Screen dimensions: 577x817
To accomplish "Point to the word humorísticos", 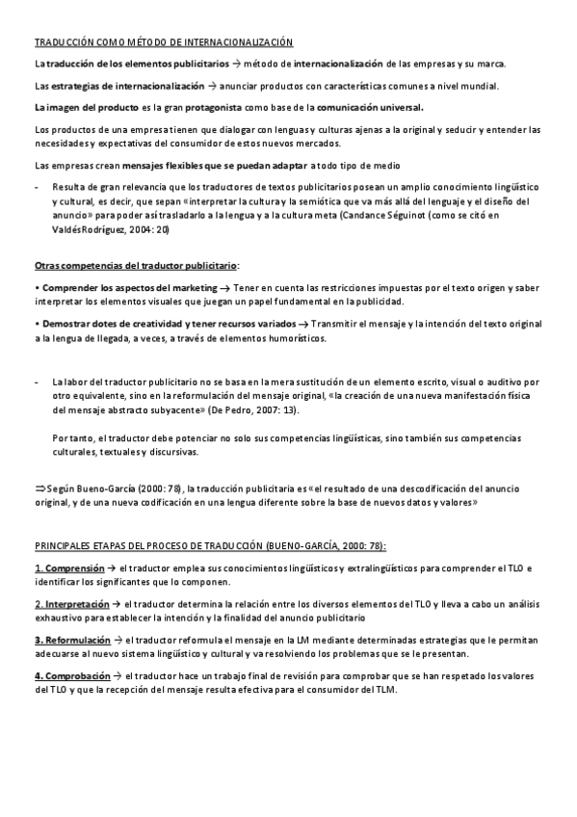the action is pyautogui.click(x=295, y=338).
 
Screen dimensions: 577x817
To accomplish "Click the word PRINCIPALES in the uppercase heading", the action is pyautogui.click(x=66, y=544).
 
